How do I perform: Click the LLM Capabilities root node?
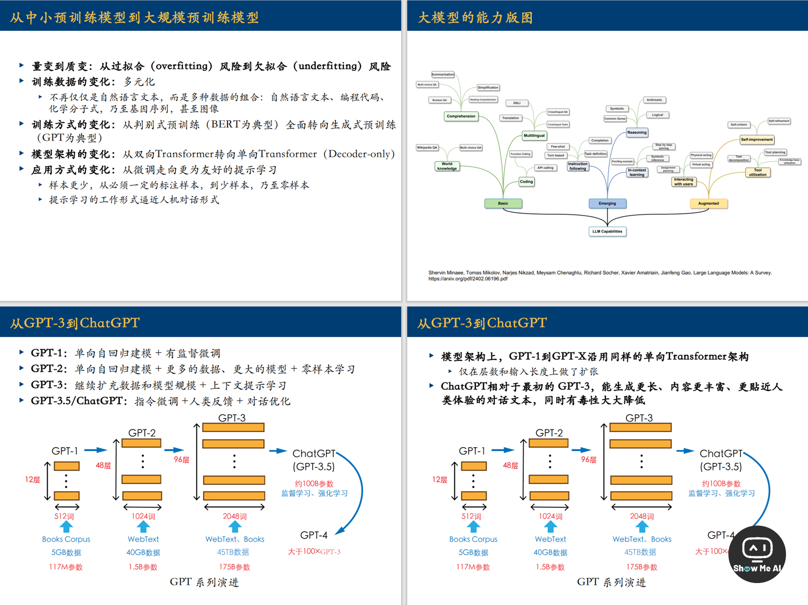(x=607, y=231)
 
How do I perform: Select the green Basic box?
(x=503, y=203)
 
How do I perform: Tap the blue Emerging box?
(x=607, y=203)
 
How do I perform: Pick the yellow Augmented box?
(x=708, y=203)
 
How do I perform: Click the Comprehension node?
(x=461, y=116)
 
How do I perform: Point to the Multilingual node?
(x=534, y=136)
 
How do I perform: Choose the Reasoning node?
(x=637, y=132)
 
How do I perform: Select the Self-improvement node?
(x=757, y=140)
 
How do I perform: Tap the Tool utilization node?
(x=758, y=172)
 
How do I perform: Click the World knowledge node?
(x=447, y=166)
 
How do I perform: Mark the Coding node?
(x=526, y=181)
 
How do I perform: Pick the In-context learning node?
(x=637, y=172)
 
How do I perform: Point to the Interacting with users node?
(x=683, y=181)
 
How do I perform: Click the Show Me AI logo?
(x=757, y=554)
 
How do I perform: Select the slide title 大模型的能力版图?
(x=475, y=18)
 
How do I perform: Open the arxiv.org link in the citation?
(x=468, y=279)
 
